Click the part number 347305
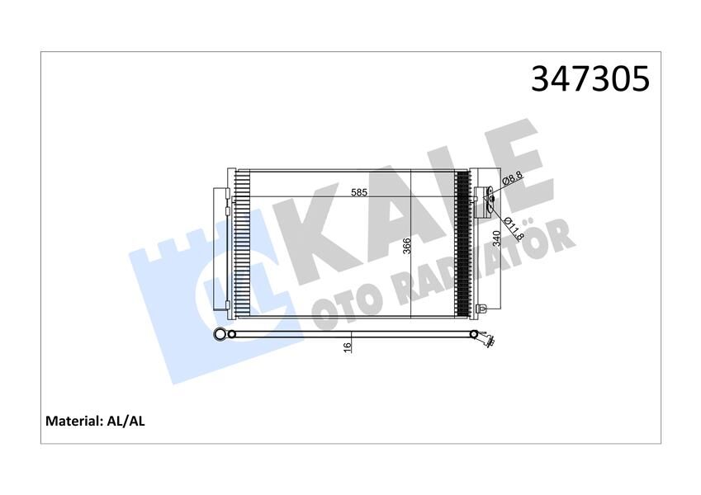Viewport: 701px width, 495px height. click(x=590, y=79)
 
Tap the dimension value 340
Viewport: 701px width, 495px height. click(x=496, y=239)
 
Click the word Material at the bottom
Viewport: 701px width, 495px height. click(x=72, y=421)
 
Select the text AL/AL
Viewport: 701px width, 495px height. click(x=126, y=421)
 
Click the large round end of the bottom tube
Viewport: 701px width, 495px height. click(x=220, y=334)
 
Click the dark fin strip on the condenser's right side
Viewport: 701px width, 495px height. click(x=462, y=243)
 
